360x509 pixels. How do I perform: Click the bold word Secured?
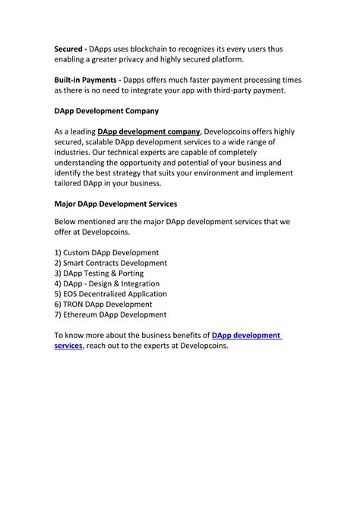[x=69, y=49]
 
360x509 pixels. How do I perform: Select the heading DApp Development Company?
[x=106, y=111]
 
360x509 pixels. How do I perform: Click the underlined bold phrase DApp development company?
[x=149, y=131]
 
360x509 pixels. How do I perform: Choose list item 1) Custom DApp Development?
[x=106, y=252]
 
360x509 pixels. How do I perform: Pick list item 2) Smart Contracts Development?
[x=110, y=263]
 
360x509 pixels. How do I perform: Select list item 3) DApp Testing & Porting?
[x=99, y=273]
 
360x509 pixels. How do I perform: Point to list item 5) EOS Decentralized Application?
[x=110, y=294]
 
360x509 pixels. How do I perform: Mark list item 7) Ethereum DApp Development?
[x=110, y=315]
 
